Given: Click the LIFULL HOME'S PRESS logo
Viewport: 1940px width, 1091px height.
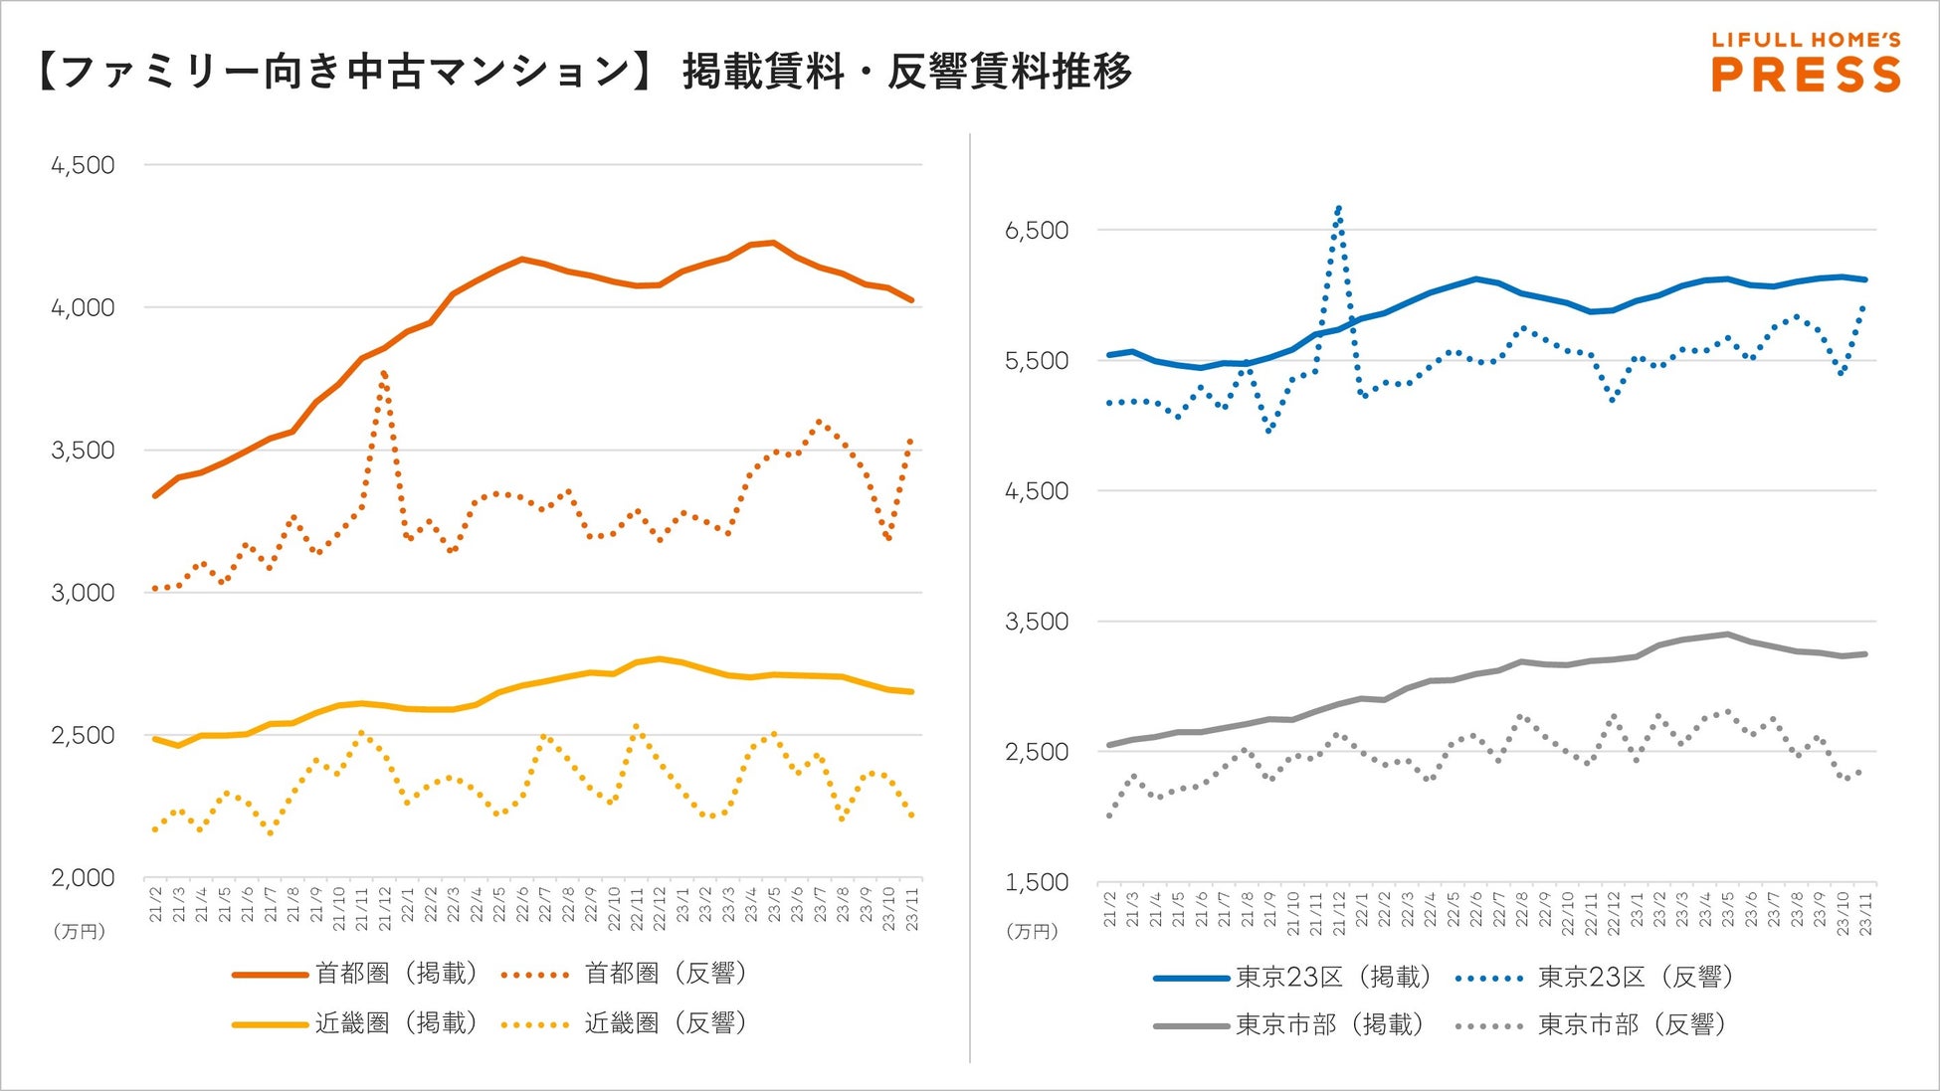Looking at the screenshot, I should (x=1805, y=62).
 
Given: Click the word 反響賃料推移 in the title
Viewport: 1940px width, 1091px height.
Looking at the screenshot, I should (x=1009, y=72).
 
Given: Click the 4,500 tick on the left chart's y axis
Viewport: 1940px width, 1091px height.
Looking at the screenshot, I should (x=84, y=165).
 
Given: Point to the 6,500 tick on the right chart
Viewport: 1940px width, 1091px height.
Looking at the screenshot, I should (x=1036, y=231).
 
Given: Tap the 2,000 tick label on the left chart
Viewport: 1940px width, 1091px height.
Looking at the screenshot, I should (x=84, y=878).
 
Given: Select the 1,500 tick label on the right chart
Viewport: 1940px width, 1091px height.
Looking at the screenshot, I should (x=1036, y=882).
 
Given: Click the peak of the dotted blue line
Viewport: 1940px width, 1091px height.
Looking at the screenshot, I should (x=1339, y=208).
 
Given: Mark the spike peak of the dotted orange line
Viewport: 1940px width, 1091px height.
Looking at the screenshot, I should (x=384, y=374).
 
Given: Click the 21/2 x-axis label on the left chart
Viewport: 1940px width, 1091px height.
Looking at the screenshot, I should (x=156, y=906).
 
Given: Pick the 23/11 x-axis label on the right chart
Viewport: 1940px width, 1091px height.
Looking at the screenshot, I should (x=1865, y=912).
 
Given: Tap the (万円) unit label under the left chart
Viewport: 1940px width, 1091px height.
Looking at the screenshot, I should (x=80, y=932).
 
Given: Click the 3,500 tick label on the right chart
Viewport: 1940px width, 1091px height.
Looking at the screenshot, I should (x=1036, y=622).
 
